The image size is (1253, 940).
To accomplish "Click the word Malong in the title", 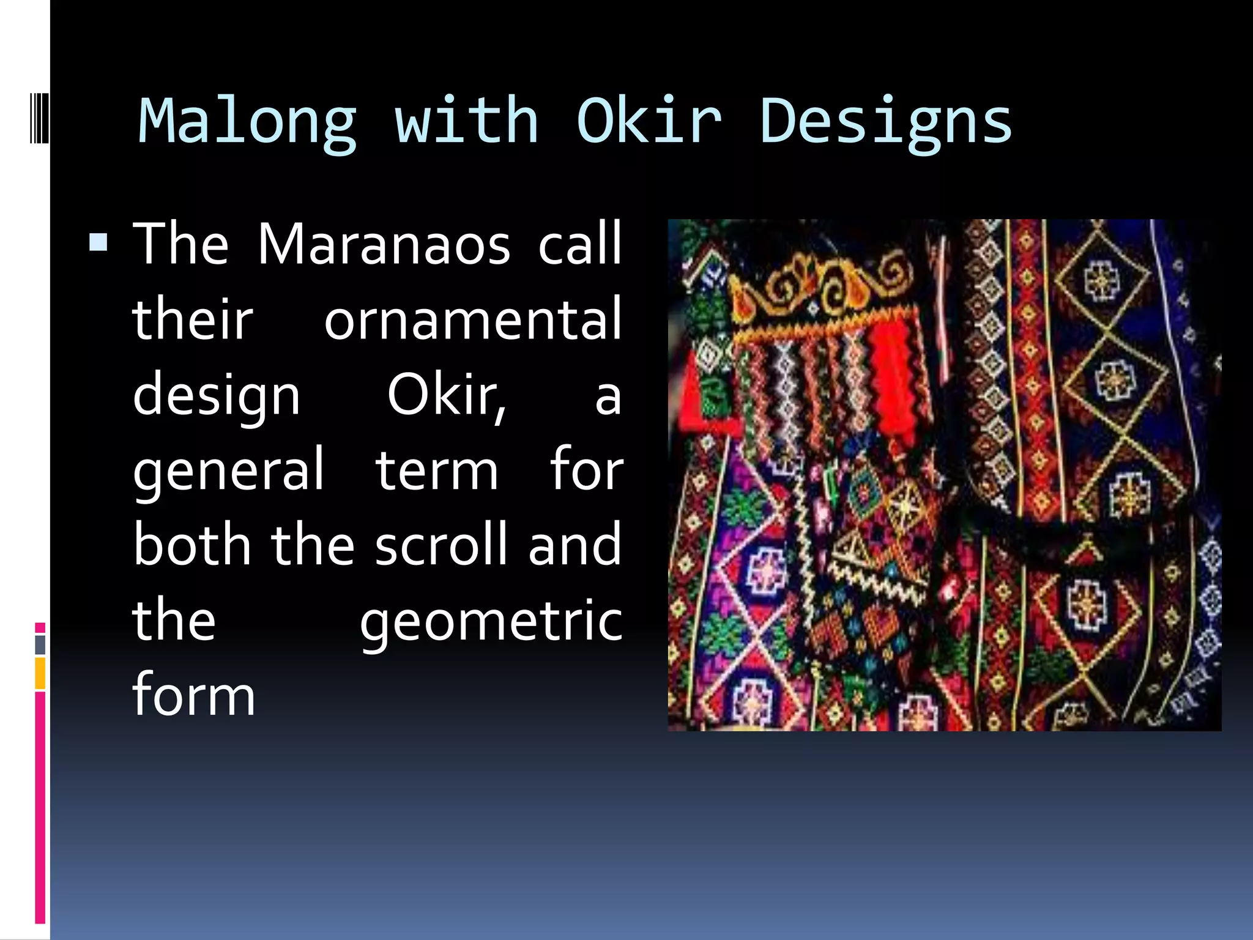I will click(x=247, y=122).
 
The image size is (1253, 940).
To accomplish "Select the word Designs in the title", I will click(x=885, y=122).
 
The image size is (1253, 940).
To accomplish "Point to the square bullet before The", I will click(x=99, y=243).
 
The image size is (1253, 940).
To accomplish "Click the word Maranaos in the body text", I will click(x=384, y=244).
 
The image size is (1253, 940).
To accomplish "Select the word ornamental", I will click(x=472, y=319).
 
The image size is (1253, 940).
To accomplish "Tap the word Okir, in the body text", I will click(x=447, y=395).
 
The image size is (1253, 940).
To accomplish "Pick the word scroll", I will click(x=442, y=545).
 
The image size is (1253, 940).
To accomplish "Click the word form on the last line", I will click(x=193, y=695).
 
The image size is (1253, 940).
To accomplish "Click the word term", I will click(x=437, y=471).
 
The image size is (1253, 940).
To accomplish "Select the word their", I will click(x=192, y=319).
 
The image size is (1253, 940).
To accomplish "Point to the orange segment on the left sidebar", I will click(x=40, y=673).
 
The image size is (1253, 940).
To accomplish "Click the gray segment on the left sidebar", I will click(x=40, y=644).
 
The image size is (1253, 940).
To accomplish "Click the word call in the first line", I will click(x=579, y=244).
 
